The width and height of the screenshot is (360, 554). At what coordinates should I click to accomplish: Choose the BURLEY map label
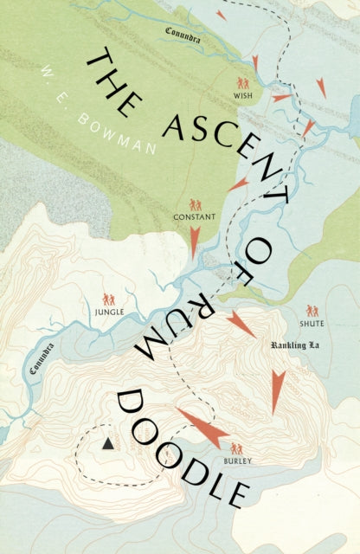(236, 462)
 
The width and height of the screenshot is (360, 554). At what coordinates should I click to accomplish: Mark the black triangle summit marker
(107, 443)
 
